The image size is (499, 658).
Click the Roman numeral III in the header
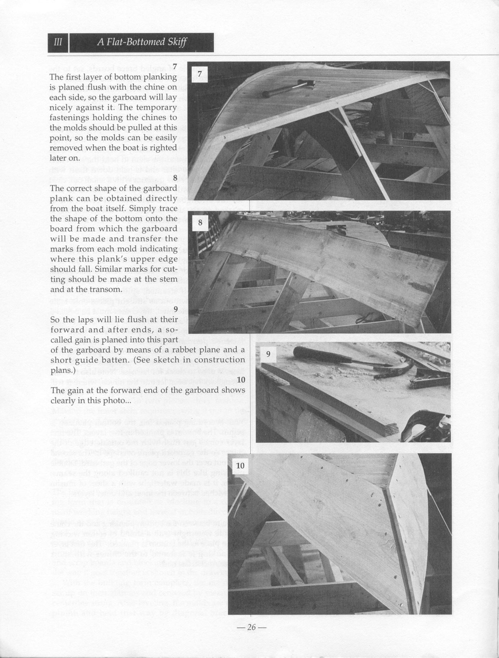pyautogui.click(x=58, y=42)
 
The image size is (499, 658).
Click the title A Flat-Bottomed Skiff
pyautogui.click(x=142, y=42)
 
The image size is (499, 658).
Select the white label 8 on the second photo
pyautogui.click(x=200, y=223)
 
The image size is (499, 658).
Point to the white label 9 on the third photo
pyautogui.click(x=268, y=354)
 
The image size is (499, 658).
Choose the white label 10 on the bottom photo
pyautogui.click(x=240, y=466)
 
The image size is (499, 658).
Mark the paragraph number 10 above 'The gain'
pyautogui.click(x=241, y=380)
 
